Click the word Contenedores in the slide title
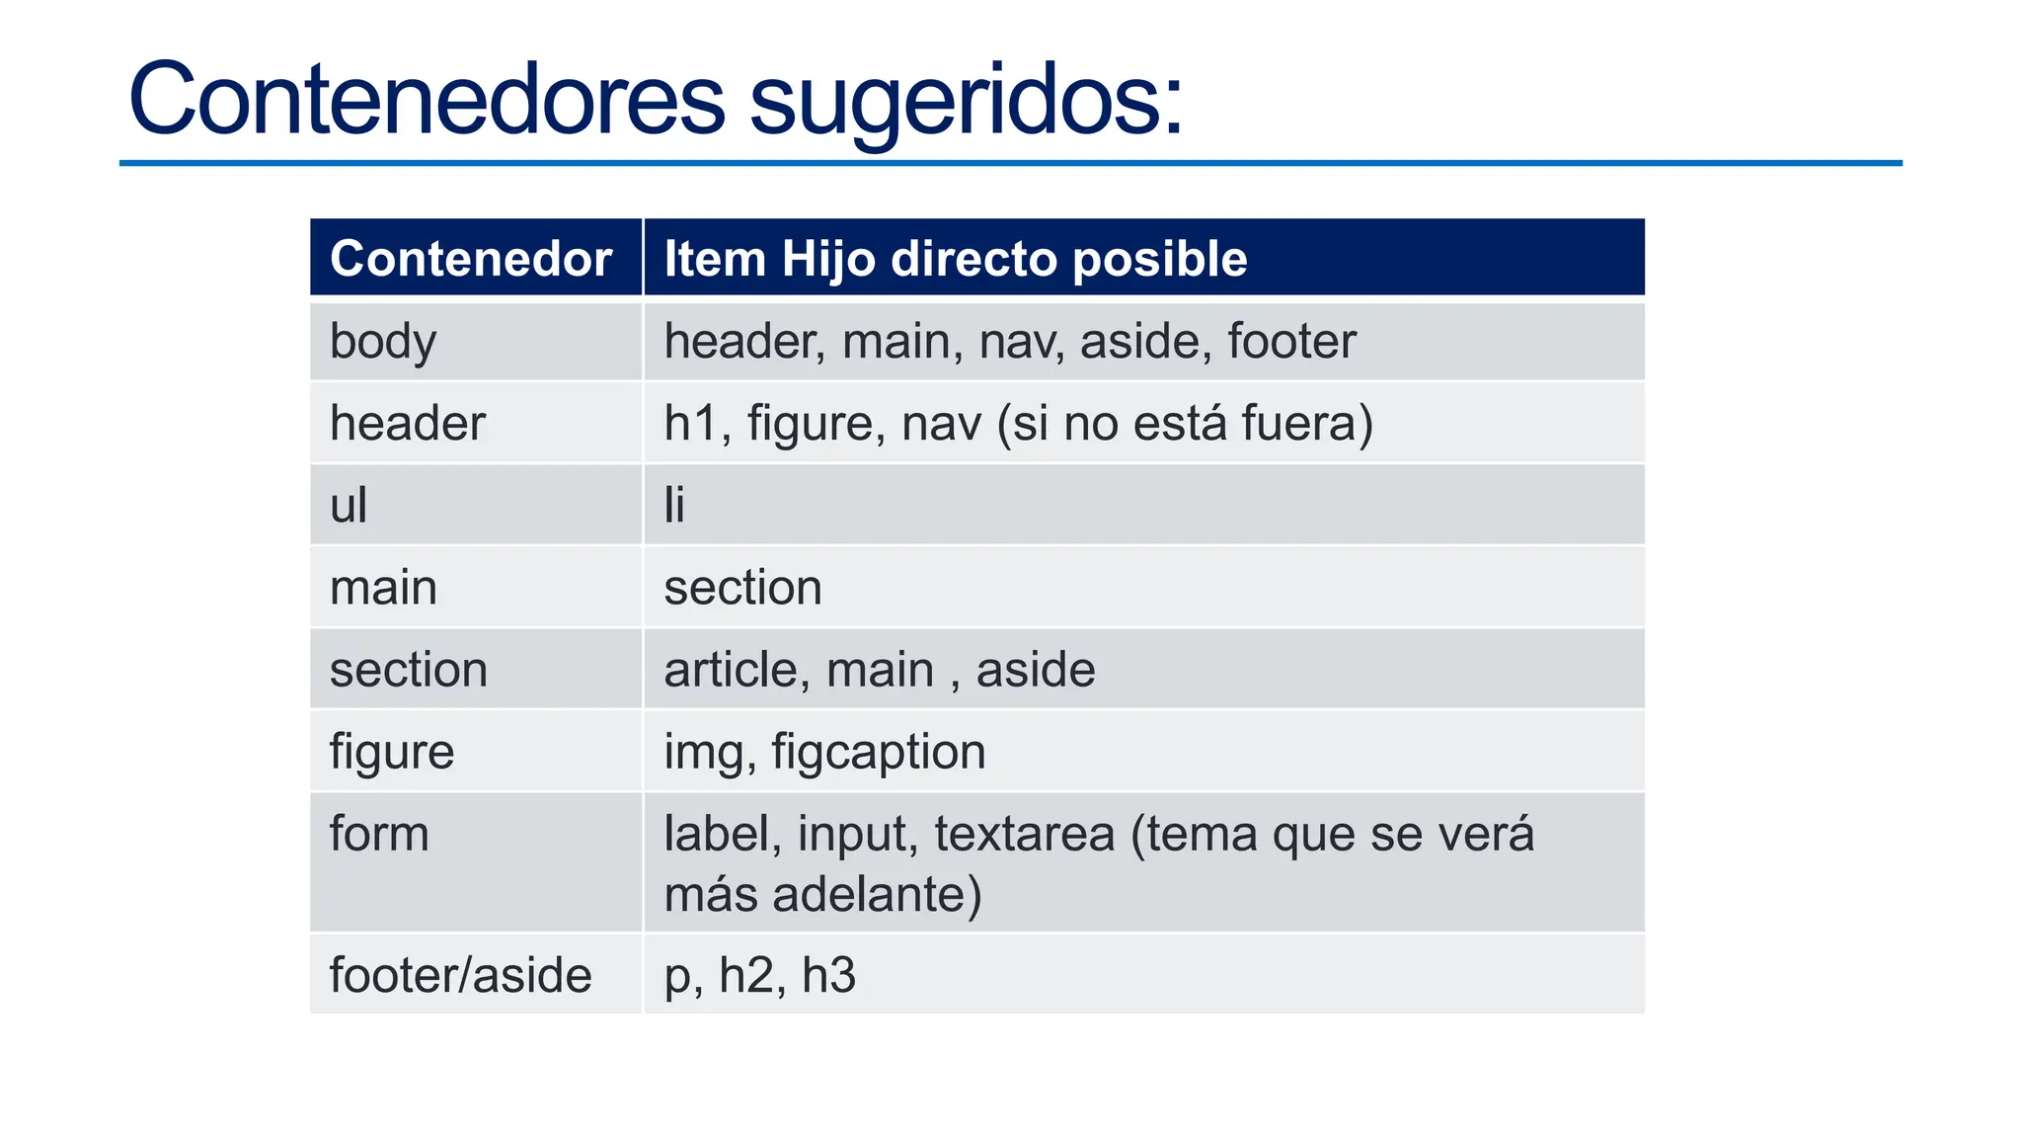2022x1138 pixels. (x=427, y=100)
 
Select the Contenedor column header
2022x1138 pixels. (x=471, y=259)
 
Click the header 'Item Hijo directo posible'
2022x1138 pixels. (x=955, y=259)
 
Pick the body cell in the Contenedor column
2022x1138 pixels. (x=383, y=342)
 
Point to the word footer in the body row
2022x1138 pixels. (x=1291, y=342)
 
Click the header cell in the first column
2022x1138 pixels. (x=407, y=424)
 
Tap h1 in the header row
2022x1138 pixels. (x=696, y=424)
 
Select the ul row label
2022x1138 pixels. (x=349, y=506)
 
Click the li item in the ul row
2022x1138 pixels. (x=674, y=506)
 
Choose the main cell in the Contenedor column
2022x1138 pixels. (x=383, y=588)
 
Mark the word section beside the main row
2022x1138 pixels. (x=742, y=588)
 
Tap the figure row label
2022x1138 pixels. (x=391, y=753)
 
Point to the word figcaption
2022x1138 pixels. (x=878, y=753)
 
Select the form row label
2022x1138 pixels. (x=379, y=834)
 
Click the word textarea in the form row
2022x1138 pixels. (x=1024, y=834)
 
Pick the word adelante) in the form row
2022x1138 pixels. (x=877, y=895)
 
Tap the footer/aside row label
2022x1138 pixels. (x=460, y=975)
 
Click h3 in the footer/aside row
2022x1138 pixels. (x=828, y=975)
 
